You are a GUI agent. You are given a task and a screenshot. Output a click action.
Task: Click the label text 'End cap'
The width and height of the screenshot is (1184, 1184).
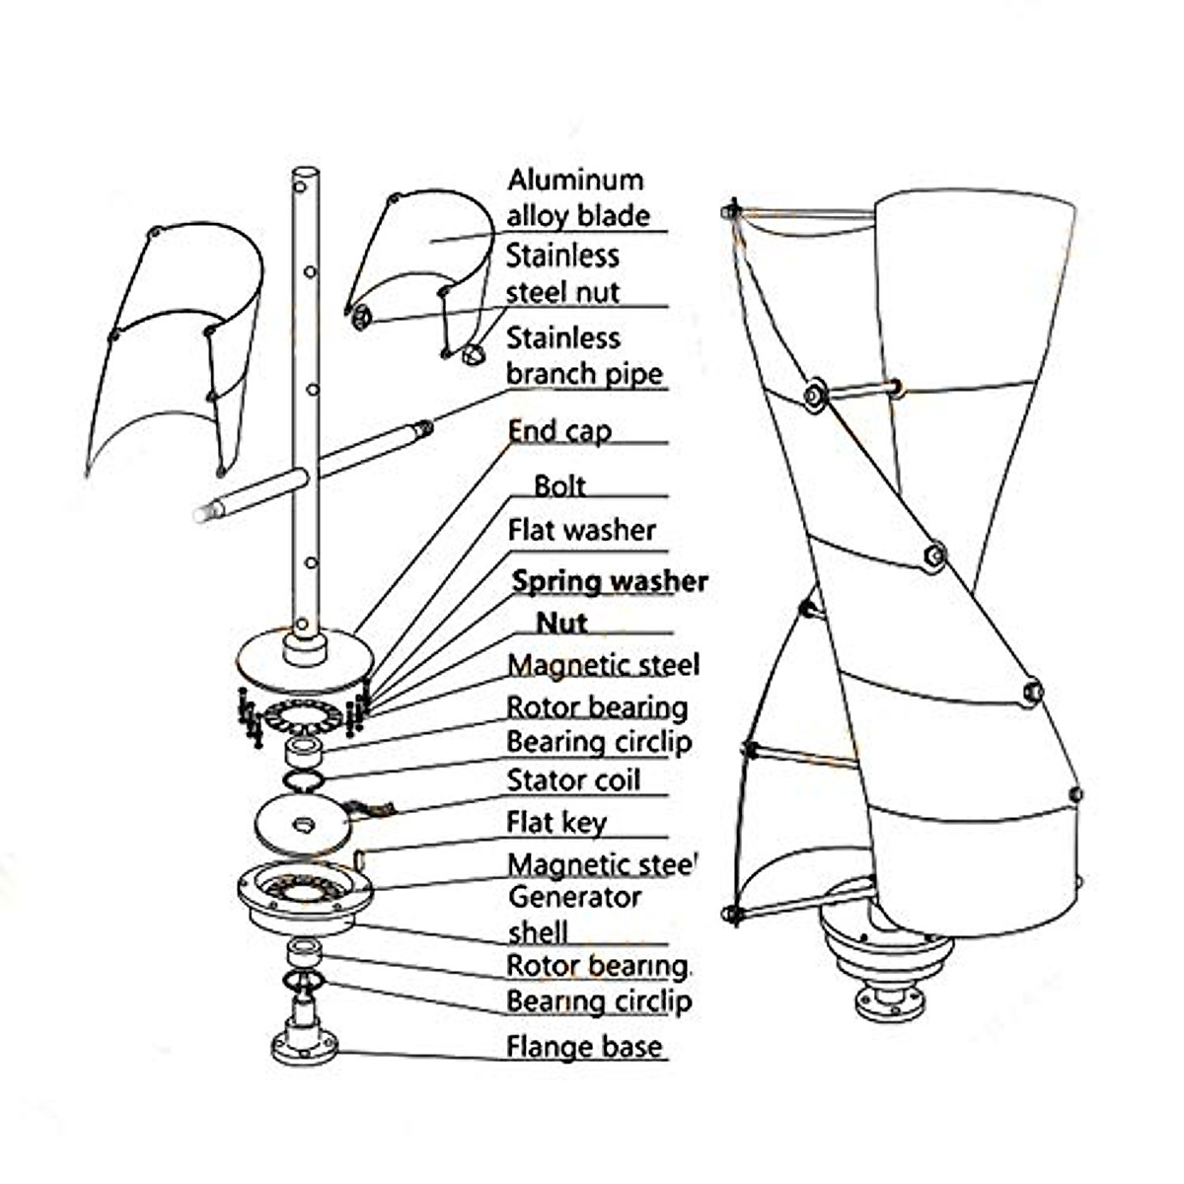559,431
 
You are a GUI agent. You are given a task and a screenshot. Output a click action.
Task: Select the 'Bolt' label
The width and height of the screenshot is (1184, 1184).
559,486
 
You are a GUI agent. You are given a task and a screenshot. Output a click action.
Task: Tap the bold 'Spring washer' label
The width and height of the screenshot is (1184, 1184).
610,581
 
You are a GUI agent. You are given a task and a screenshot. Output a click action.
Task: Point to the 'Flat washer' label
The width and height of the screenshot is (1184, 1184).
581,530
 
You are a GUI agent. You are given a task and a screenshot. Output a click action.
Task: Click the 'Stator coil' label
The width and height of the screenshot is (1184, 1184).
573,780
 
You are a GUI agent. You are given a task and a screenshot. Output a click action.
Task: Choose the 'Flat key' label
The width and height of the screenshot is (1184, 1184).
556,823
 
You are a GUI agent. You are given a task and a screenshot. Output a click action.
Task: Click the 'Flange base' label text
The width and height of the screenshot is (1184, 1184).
584,1047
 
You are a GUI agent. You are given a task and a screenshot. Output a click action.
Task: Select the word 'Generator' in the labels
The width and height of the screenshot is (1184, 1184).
574,898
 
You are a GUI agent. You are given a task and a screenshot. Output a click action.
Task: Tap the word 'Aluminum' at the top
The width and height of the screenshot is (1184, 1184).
575,180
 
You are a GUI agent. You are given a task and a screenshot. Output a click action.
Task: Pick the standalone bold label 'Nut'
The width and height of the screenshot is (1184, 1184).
561,623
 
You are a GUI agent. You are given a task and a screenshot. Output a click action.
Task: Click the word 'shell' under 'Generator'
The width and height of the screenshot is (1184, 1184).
538,932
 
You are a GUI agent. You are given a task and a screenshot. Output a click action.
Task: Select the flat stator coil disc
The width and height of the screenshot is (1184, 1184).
303,825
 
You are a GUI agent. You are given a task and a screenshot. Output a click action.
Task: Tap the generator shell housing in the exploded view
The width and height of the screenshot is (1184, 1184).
305,898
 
